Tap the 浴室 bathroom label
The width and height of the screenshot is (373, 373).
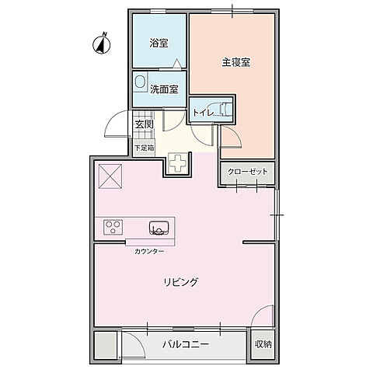tap(159, 44)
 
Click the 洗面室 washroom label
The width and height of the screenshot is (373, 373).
tap(165, 89)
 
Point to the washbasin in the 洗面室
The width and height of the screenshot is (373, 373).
tap(141, 82)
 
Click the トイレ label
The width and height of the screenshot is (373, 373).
tap(204, 113)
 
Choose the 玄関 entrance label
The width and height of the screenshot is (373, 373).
tap(144, 124)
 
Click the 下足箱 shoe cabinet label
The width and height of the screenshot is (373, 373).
tap(143, 147)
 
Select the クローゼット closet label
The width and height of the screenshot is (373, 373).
tap(247, 172)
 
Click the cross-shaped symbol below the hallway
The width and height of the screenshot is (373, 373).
tap(178, 165)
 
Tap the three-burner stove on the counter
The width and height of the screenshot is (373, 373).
tap(113, 228)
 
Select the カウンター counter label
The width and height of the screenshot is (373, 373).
tap(148, 252)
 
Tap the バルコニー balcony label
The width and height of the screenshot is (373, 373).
tap(186, 343)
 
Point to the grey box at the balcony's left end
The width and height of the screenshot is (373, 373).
tap(105, 344)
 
